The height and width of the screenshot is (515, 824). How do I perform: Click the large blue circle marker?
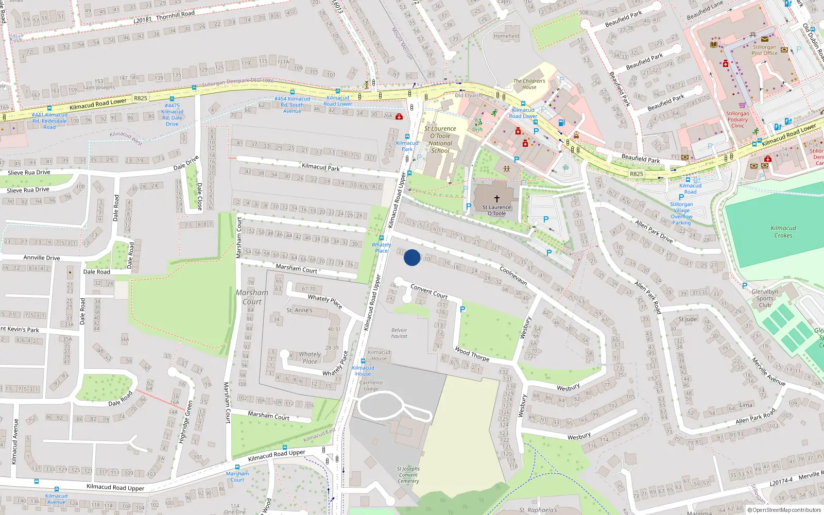click(412, 257)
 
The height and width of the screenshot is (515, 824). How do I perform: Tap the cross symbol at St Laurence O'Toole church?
click(497, 198)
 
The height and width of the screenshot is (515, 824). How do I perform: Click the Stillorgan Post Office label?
click(764, 50)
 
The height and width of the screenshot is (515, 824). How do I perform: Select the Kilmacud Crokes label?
click(783, 232)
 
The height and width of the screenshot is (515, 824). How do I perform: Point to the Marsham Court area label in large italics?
click(252, 297)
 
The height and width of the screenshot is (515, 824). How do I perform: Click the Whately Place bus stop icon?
click(382, 238)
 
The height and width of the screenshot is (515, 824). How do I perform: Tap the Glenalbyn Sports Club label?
click(765, 298)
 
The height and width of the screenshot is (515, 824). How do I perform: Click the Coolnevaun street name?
click(513, 276)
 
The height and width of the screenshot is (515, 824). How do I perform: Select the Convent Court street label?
click(429, 291)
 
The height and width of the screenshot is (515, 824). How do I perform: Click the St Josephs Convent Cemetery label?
click(408, 475)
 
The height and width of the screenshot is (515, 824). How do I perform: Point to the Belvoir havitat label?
click(399, 333)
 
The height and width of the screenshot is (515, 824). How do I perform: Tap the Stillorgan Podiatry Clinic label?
click(737, 119)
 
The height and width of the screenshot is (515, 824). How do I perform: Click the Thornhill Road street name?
click(175, 15)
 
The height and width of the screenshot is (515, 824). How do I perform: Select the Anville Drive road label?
click(42, 257)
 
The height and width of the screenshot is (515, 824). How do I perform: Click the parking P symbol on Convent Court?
click(462, 310)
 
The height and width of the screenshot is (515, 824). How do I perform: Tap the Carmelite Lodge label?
click(371, 385)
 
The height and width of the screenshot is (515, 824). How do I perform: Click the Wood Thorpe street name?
click(472, 354)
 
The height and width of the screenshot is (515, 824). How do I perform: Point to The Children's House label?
click(529, 84)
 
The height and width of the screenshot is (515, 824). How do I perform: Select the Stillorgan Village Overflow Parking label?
click(681, 213)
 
